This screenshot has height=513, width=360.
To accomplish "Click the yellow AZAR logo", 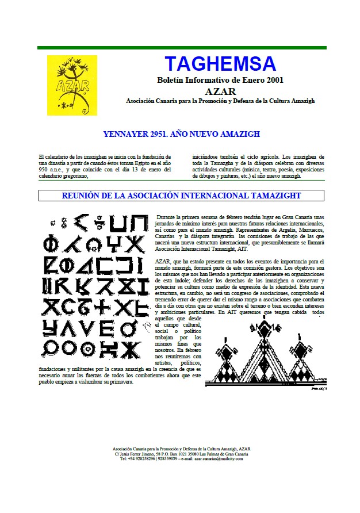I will click(x=72, y=84).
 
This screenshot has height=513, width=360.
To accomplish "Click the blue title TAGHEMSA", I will click(x=220, y=63).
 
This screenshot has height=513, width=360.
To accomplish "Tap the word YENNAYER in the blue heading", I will click(x=127, y=135).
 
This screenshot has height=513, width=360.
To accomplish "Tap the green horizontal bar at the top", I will click(x=182, y=48).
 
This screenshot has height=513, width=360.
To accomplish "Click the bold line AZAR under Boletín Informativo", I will click(x=220, y=91).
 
